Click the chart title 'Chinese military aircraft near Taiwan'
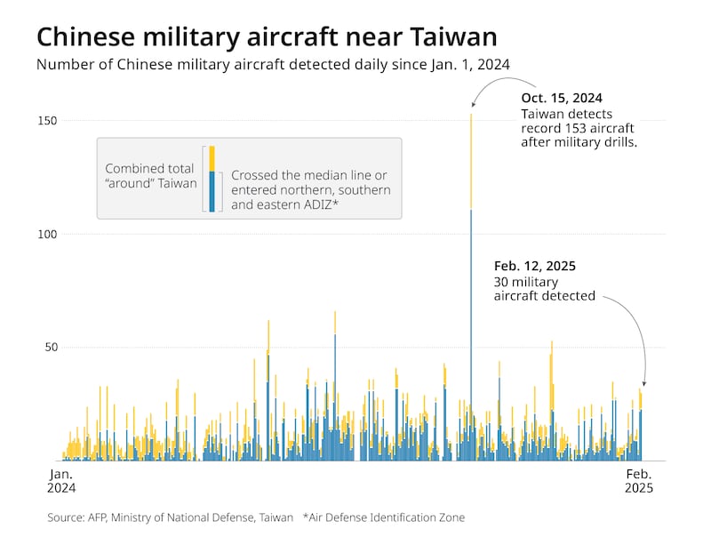point(267,37)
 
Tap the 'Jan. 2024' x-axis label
point(61,481)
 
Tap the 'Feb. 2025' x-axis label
point(638,481)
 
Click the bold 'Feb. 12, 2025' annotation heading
point(535,266)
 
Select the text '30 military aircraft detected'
point(544,288)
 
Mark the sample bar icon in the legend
point(212,179)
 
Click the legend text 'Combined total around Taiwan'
point(149,175)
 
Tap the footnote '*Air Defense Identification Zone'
point(383,517)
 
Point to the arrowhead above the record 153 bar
point(473,107)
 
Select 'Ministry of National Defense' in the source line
point(190,517)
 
